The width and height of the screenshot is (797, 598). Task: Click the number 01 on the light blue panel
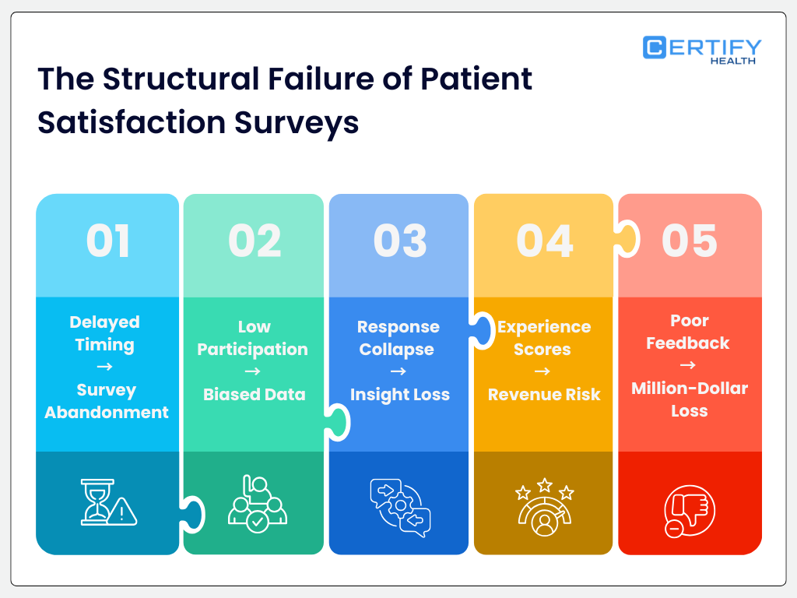(108, 241)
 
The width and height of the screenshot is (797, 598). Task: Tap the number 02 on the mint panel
(254, 241)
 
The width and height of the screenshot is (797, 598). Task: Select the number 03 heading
(399, 241)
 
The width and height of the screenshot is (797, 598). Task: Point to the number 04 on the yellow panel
(544, 241)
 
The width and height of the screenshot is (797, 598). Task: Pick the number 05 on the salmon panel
(690, 241)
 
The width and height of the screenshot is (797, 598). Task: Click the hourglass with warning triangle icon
(108, 502)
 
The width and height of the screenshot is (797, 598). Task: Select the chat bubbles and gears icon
(399, 507)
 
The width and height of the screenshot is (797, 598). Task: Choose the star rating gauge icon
(544, 507)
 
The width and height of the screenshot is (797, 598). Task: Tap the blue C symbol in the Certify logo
(654, 47)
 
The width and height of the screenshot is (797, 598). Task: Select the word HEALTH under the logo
(732, 61)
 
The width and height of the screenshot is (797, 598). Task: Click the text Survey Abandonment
(107, 401)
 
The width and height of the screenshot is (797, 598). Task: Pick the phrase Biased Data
(254, 394)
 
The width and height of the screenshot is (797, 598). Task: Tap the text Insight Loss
(399, 395)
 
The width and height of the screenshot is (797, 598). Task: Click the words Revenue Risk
(544, 395)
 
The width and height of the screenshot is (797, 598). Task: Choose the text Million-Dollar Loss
(690, 399)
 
